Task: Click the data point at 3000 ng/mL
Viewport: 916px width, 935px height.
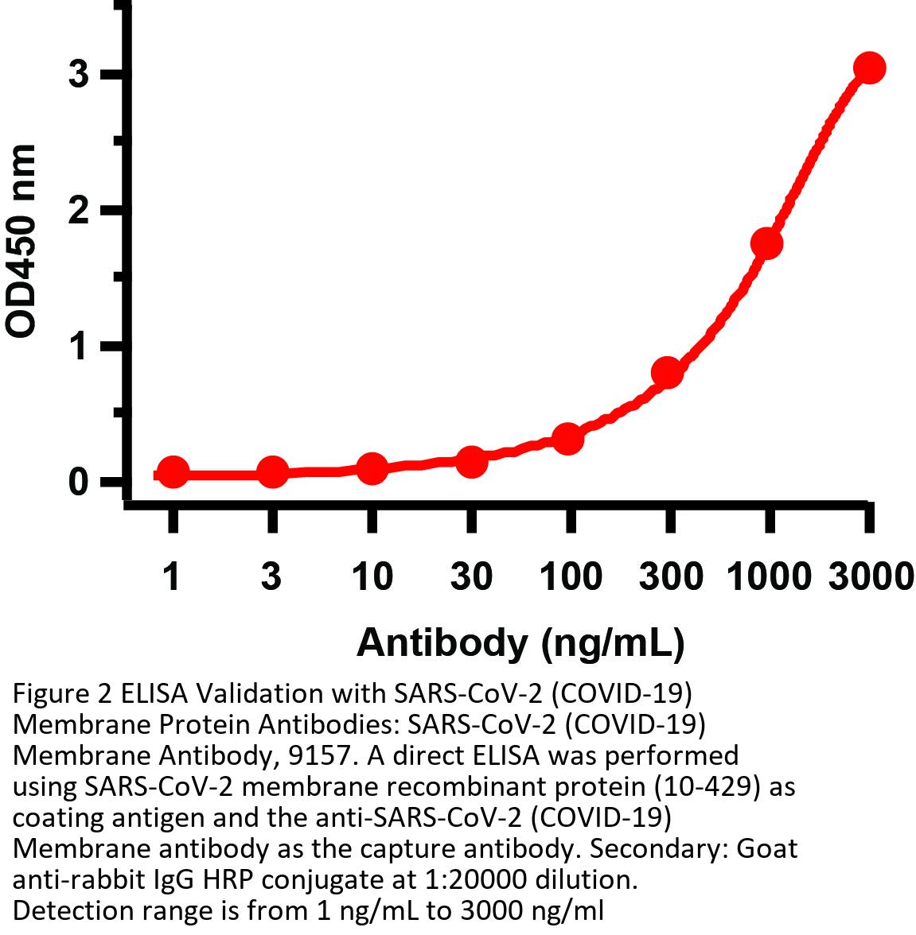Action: point(869,68)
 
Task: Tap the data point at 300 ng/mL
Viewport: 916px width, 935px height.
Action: point(667,372)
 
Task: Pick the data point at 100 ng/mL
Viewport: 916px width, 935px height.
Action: point(567,438)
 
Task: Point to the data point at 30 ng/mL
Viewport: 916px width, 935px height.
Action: point(471,461)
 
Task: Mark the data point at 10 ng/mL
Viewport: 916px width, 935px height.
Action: point(372,468)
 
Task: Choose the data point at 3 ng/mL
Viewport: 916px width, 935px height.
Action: point(272,472)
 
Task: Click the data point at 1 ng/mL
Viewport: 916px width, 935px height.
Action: point(173,473)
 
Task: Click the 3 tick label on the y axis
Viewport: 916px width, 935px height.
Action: point(78,75)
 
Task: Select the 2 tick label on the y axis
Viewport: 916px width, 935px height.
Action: point(78,211)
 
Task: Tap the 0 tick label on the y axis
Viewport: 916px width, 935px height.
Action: point(78,482)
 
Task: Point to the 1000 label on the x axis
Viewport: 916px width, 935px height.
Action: point(769,576)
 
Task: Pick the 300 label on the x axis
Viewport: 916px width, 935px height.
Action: point(671,576)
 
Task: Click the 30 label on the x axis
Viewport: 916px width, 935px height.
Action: point(471,576)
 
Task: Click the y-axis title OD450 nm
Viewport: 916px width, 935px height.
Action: point(22,242)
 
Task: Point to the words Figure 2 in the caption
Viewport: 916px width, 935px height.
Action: point(62,694)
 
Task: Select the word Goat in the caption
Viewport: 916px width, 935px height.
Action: point(766,848)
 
